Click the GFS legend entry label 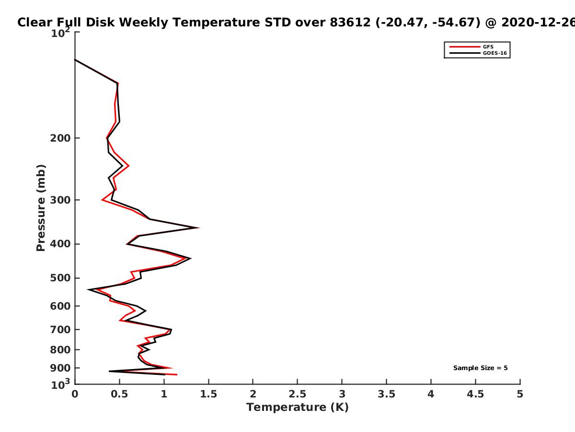488,47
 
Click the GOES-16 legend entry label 495,53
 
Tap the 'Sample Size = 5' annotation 481,368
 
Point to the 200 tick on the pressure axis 60,138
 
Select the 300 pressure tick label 60,200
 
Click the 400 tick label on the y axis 60,244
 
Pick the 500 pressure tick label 60,278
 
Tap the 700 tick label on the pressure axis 60,330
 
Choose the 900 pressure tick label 60,368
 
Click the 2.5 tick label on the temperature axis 298,394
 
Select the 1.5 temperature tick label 208,394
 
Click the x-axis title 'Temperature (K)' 298,408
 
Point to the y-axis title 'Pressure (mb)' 41,208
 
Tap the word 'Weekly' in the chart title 144,23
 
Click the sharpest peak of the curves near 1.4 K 199,228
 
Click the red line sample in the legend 465,47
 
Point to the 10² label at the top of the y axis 60,33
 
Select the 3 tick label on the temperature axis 342,394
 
